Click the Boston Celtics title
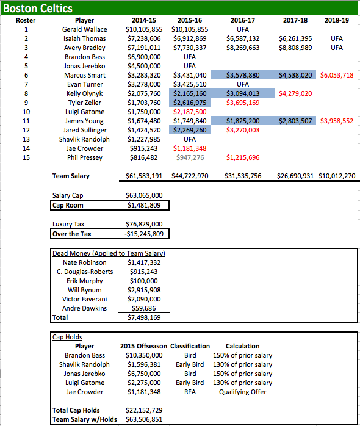tap(38, 9)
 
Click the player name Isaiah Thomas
tap(84, 38)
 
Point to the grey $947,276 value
tap(190, 157)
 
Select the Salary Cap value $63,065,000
tap(144, 195)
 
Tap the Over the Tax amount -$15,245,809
tap(144, 233)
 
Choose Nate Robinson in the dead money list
tap(84, 262)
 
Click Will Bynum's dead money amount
tap(144, 290)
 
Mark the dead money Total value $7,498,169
tap(144, 317)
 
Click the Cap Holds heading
tap(67, 337)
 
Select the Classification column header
tap(190, 346)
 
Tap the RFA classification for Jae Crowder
tap(190, 392)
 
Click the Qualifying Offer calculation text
tap(242, 392)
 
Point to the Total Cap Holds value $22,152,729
tap(144, 410)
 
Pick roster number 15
tap(26, 157)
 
